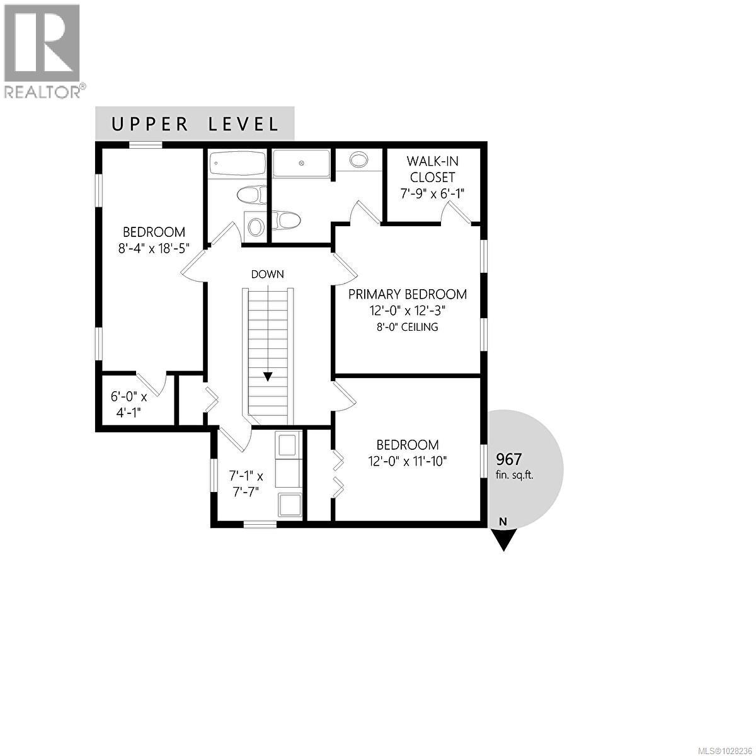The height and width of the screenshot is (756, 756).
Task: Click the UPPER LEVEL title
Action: (195, 124)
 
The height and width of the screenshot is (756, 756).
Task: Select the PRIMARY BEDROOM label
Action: (408, 294)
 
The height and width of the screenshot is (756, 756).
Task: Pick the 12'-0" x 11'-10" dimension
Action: (408, 461)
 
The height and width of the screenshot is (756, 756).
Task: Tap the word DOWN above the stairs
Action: (267, 274)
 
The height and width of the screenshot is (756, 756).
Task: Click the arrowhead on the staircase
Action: (268, 377)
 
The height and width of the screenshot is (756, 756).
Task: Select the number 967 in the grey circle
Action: (509, 459)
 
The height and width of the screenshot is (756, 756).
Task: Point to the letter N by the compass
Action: (503, 521)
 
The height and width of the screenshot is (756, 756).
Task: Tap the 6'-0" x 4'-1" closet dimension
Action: (129, 404)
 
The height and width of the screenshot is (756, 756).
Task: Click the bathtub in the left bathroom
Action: (237, 164)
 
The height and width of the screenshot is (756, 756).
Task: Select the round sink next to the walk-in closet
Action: (358, 159)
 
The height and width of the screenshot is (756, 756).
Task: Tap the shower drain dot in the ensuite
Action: (301, 163)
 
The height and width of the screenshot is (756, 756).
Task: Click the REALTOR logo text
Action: (43, 92)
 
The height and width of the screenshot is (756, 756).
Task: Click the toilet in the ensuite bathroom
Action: (287, 220)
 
